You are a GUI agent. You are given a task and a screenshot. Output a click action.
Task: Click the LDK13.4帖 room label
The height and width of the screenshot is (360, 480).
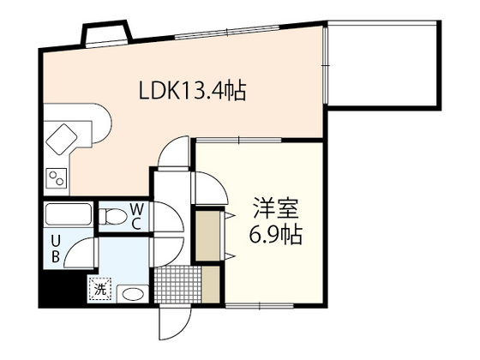coord(192,90)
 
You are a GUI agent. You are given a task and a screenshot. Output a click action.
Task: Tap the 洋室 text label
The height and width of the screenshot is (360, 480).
coord(275,208)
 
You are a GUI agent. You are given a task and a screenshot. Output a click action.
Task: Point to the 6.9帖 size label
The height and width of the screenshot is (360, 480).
coord(275,234)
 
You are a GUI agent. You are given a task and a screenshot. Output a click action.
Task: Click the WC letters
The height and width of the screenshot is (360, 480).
coord(136,217)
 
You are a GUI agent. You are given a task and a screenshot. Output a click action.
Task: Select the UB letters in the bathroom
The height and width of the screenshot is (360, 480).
coord(55,249)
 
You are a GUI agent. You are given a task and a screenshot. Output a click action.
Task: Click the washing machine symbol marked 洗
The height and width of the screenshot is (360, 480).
coord(100,290)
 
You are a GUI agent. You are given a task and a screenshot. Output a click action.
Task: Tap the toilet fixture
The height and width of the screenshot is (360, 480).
coord(113,216)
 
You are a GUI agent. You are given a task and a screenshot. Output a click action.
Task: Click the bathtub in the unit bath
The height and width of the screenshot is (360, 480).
coord(68,214)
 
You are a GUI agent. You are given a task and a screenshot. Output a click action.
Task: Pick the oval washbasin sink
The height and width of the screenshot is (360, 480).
coord(133,294)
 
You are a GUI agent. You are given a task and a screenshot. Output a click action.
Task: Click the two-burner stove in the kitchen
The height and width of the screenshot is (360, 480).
coord(57,178)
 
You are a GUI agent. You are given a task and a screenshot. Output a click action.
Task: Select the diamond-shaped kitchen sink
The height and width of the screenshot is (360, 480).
coord(61,139)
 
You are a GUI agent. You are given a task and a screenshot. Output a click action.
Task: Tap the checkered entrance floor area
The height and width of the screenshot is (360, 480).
coord(177,285)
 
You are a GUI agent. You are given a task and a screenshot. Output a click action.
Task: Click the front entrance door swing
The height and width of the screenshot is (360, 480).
coord(175,323)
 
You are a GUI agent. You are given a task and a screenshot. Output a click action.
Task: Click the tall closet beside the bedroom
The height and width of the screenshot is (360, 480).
coord(208,236)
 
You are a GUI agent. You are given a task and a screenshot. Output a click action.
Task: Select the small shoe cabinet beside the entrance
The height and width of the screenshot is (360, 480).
coord(211,285)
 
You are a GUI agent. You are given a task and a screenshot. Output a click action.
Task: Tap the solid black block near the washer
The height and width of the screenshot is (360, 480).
coord(62,289)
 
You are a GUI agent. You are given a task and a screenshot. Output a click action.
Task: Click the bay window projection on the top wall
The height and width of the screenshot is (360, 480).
coord(106,33)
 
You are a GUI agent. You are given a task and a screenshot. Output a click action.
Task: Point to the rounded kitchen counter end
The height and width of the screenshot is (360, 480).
coord(102,123)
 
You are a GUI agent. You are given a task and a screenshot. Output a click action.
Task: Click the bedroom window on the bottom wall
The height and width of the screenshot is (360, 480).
coord(259,305)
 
